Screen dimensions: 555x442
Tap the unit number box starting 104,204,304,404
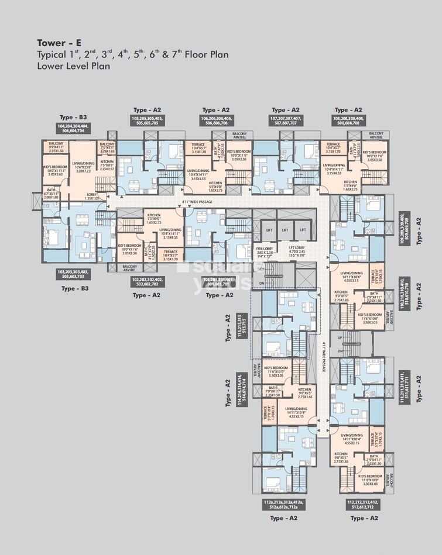pyautogui.click(x=81, y=129)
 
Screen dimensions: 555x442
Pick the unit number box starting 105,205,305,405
pyautogui.click(x=155, y=121)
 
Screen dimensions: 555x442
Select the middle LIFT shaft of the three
pyautogui.click(x=285, y=230)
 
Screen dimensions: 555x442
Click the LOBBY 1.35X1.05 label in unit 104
pyautogui.click(x=92, y=196)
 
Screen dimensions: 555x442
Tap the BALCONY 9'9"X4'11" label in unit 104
pyautogui.click(x=56, y=147)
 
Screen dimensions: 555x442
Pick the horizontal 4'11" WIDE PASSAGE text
pyautogui.click(x=197, y=202)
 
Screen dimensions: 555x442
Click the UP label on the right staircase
pyautogui.click(x=340, y=338)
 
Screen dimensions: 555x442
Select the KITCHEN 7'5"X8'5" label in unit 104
pyautogui.click(x=107, y=166)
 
